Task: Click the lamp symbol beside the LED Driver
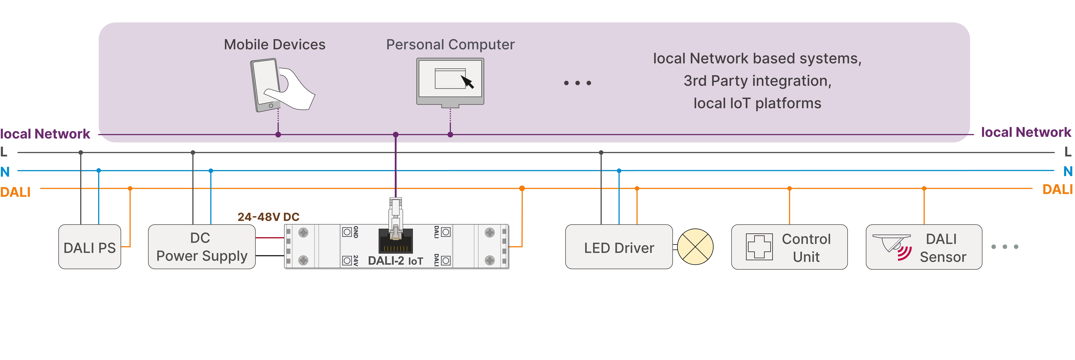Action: click(695, 247)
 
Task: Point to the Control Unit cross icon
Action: click(759, 247)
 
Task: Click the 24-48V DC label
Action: click(268, 217)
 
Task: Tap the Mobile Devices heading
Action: click(275, 45)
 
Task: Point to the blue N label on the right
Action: click(1067, 171)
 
